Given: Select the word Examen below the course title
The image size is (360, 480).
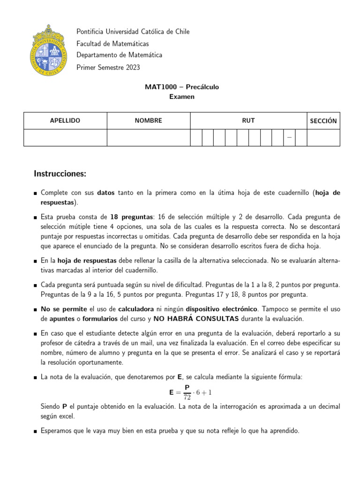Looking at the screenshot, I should click(181, 97).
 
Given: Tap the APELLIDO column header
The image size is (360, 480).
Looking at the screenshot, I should click(65, 120).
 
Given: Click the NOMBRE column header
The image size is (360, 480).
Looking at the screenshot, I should click(148, 120).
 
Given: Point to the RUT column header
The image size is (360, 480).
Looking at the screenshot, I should click(248, 120).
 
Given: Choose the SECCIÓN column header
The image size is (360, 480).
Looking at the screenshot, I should click(323, 120).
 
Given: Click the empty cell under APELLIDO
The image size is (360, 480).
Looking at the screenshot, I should click(65, 138).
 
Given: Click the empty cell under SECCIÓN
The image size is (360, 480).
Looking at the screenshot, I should click(323, 138).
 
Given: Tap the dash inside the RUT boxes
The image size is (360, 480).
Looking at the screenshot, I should click(289, 137).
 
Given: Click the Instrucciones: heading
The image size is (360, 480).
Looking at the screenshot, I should click(60, 174).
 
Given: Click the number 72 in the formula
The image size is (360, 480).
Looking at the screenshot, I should click(187, 396).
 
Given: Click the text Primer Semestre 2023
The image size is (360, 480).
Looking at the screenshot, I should click(108, 67).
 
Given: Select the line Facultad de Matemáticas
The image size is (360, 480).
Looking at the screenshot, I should click(112, 44).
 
